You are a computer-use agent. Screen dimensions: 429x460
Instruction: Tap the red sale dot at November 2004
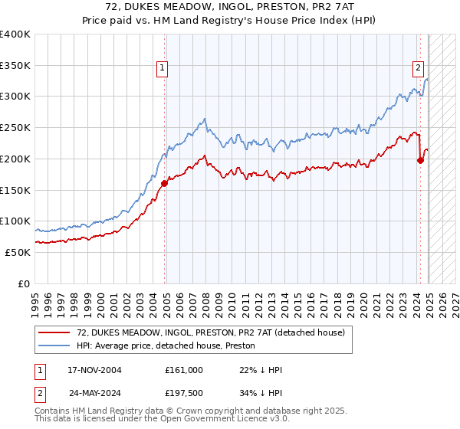165,183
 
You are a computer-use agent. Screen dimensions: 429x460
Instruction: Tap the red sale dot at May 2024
420,160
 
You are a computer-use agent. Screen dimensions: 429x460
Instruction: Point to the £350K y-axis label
15,66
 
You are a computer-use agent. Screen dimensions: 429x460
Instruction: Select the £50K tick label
18,252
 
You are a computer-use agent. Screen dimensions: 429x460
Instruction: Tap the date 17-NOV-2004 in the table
95,370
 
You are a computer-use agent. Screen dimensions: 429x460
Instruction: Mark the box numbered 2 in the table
40,393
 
